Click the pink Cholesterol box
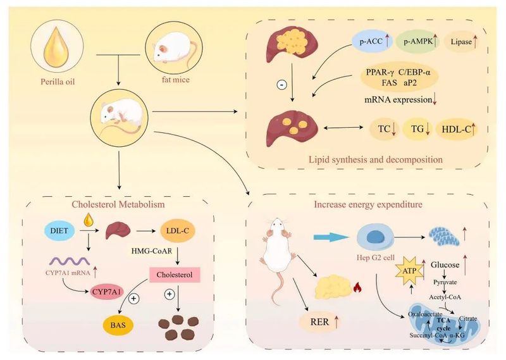point(173,275)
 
